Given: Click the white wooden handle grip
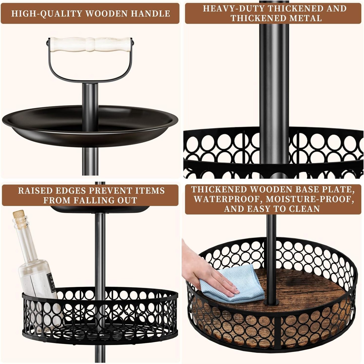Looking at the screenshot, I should pyautogui.click(x=90, y=44).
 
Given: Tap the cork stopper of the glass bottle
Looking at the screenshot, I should pyautogui.click(x=19, y=217).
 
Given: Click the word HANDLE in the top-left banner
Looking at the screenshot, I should pyautogui.click(x=152, y=13).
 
